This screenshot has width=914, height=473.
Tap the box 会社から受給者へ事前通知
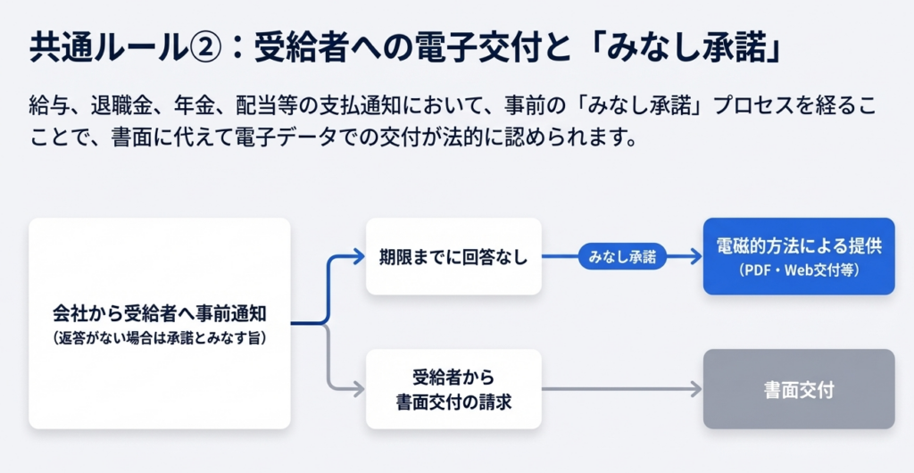(160, 323)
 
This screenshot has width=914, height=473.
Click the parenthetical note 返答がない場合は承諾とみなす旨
(160, 338)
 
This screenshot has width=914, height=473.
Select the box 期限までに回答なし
(454, 257)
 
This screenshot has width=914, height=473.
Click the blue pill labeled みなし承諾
(622, 257)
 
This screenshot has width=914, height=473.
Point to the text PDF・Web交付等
(799, 270)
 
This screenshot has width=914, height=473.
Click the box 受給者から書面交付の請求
(454, 389)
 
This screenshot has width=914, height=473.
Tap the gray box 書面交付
(798, 389)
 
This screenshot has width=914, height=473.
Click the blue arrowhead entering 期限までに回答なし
(358, 257)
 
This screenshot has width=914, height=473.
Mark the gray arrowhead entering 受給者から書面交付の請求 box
(358, 389)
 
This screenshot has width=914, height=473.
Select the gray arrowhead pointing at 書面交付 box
(695, 389)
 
